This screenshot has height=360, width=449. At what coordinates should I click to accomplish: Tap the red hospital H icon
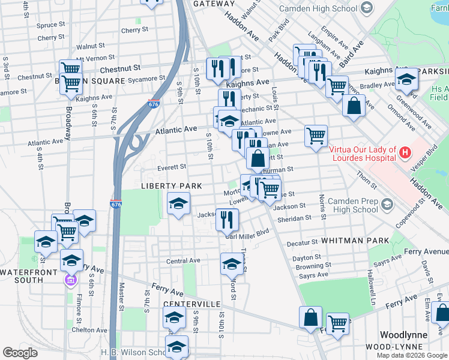tap(405, 153)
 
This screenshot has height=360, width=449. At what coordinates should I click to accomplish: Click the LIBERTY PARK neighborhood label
tap(167, 187)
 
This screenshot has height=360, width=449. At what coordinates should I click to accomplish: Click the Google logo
tap(20, 352)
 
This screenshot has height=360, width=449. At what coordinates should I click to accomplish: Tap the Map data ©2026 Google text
tap(411, 355)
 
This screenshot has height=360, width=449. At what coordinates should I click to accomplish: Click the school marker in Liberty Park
tap(178, 205)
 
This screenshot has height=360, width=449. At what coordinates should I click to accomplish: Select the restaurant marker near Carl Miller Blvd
tap(226, 219)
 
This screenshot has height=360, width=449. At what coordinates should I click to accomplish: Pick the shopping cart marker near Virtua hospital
tap(316, 135)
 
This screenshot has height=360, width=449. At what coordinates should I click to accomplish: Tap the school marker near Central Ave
tap(232, 263)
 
